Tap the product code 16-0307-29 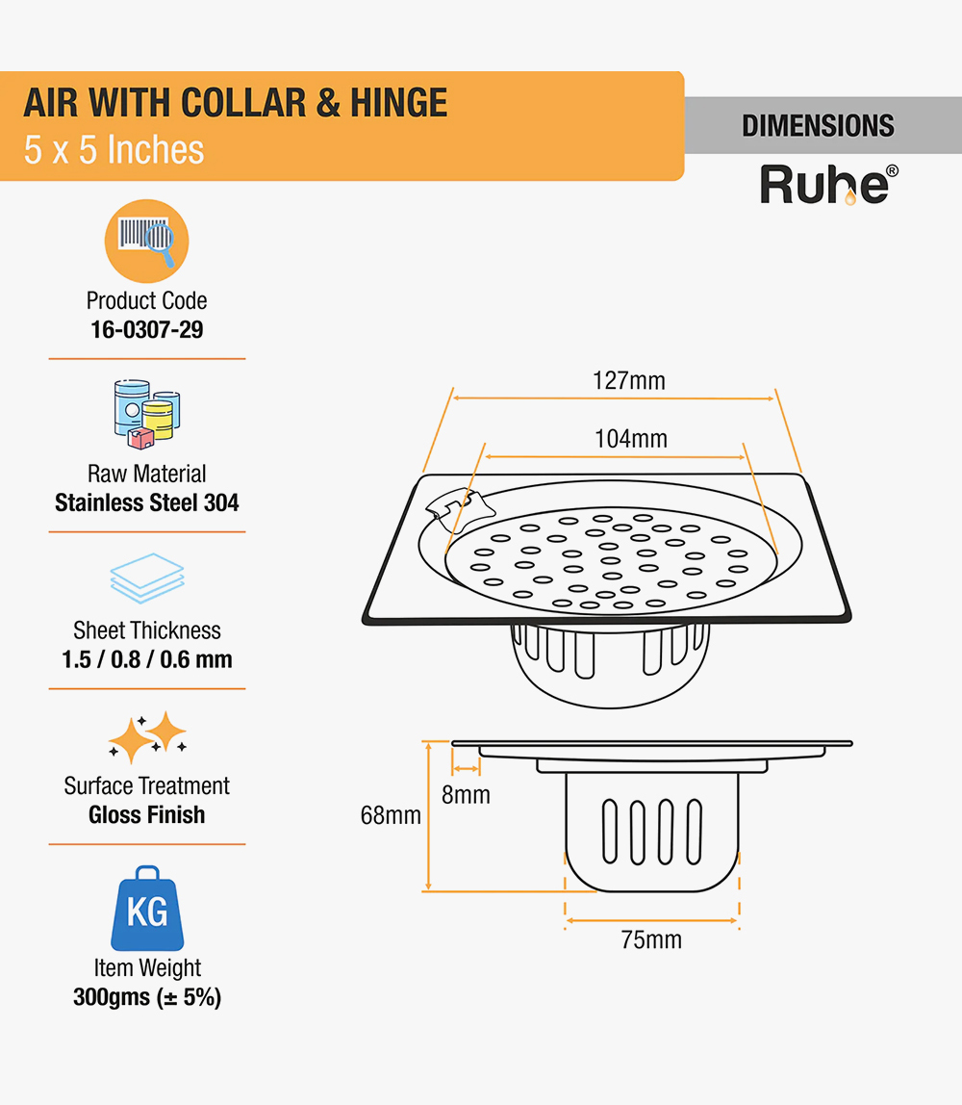coord(146,330)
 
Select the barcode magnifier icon coord(146,241)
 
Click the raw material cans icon coord(146,415)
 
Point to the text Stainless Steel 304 coord(146,502)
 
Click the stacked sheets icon coord(146,578)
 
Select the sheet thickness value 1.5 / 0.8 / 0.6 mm coord(146,659)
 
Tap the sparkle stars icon coord(146,737)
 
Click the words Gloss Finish coord(146,815)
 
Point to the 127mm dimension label coord(629,381)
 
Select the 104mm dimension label coord(631,439)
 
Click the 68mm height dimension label coord(391,815)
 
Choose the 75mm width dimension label coord(651,939)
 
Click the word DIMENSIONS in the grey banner coord(818,126)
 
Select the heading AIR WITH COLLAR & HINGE coord(236,103)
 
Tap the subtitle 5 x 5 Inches coord(114,150)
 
